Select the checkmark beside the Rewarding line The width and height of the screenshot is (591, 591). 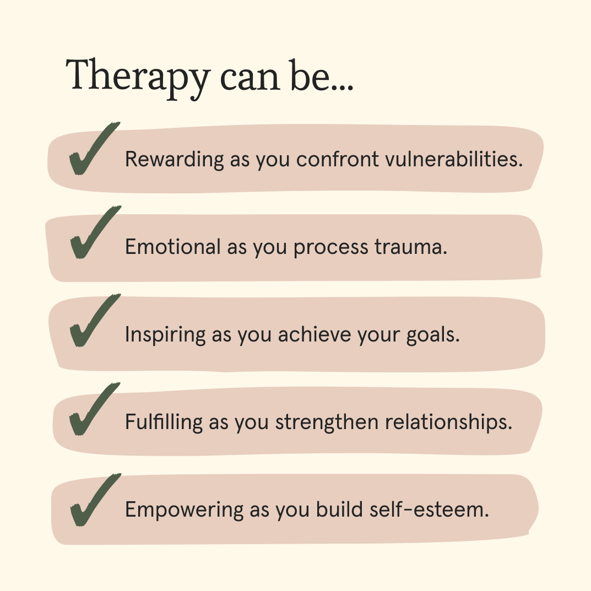[92, 150]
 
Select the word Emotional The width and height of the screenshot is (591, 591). [172, 247]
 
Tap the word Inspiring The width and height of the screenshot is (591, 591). [164, 335]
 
